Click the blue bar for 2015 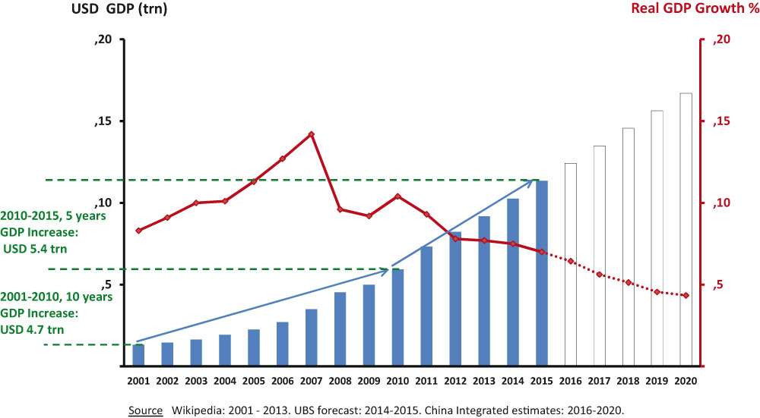[542, 273]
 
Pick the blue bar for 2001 [138, 355]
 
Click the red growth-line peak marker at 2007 [311, 134]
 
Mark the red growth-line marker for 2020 [686, 295]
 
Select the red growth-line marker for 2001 [138, 230]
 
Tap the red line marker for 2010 [397, 196]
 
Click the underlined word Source [145, 410]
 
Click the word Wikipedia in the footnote [198, 410]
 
